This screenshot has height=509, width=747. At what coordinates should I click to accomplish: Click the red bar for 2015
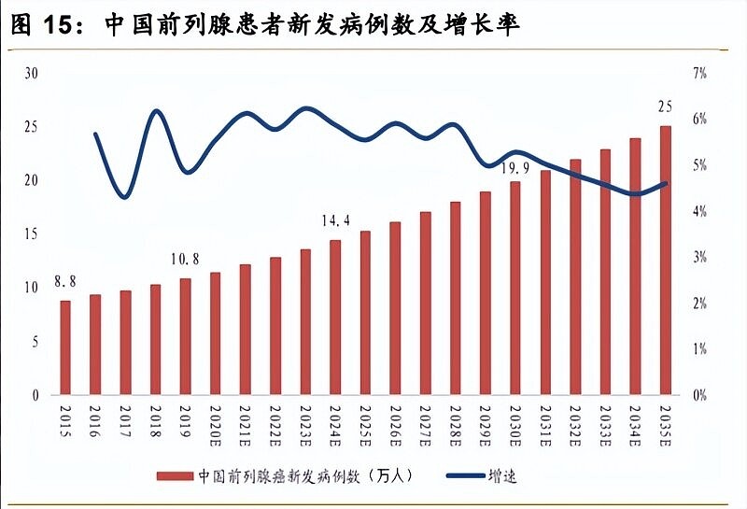65,346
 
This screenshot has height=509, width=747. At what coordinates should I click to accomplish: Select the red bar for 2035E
665,260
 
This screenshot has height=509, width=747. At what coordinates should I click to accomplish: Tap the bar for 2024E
335,317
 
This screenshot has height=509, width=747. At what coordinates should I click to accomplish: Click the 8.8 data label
65,281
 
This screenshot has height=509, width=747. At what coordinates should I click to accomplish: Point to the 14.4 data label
335,220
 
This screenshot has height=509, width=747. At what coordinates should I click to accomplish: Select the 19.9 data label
515,168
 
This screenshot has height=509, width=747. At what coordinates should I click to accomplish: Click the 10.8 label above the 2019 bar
185,258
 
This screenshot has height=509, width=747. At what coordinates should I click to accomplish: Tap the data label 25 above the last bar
665,105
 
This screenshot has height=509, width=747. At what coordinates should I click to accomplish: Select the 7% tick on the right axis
699,73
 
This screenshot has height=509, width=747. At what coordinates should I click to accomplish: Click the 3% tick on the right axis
699,257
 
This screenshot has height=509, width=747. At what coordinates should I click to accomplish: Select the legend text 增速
501,475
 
